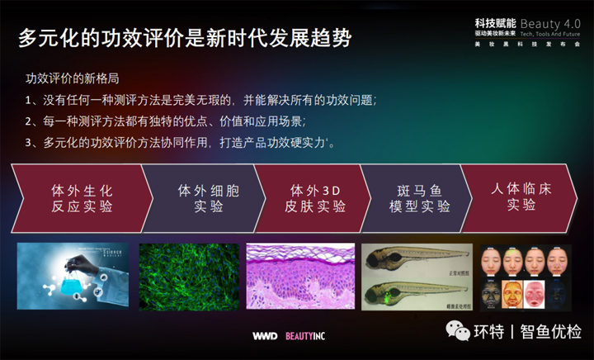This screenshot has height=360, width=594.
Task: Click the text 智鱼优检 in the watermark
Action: click(550, 332)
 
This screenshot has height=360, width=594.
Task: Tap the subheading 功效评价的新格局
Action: click(73, 80)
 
